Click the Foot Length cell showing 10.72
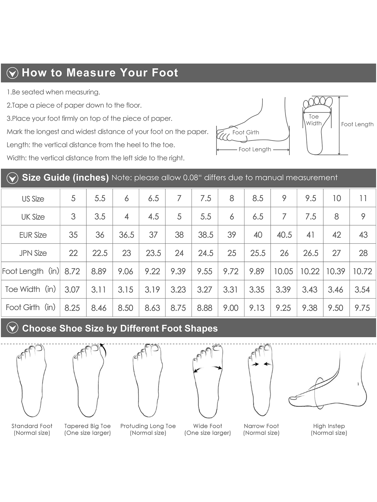pyautogui.click(x=362, y=271)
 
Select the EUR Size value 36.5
pyautogui.click(x=127, y=235)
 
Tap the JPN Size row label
pyautogui.click(x=33, y=253)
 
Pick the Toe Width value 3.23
pyautogui.click(x=178, y=289)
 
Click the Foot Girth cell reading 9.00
pyautogui.click(x=231, y=308)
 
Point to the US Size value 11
pyautogui.click(x=363, y=198)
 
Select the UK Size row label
pyautogui.click(x=33, y=217)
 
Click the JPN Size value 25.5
pyautogui.click(x=258, y=253)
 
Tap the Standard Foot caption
pyautogui.click(x=32, y=429)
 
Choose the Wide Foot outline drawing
pyautogui.click(x=208, y=381)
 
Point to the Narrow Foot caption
pyautogui.click(x=261, y=429)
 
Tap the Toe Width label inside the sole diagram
pyautogui.click(x=314, y=120)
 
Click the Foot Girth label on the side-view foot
pyautogui.click(x=246, y=132)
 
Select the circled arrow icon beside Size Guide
pyautogui.click(x=12, y=178)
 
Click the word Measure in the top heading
pyautogui.click(x=91, y=73)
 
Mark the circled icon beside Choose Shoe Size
pyautogui.click(x=12, y=328)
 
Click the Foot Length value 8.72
pyautogui.click(x=72, y=271)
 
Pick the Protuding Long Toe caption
pyautogui.click(x=148, y=429)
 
